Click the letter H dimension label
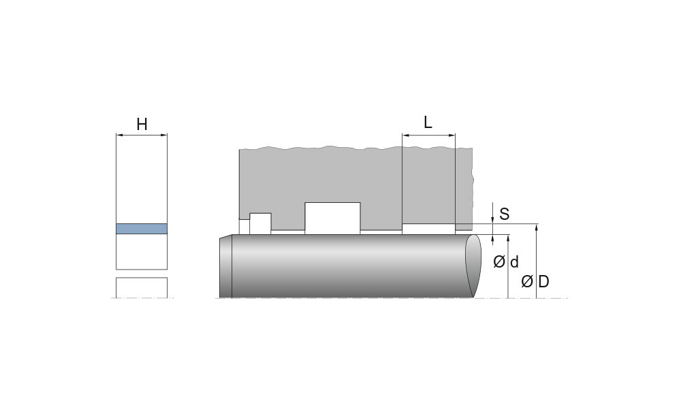tap(142, 125)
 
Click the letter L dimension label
tap(428, 123)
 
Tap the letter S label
tap(504, 214)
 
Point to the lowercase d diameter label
tap(514, 262)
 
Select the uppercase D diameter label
tap(543, 282)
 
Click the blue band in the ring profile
tap(142, 229)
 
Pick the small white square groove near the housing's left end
tap(260, 223)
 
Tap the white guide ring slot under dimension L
tap(428, 229)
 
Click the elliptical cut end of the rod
tap(473, 266)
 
